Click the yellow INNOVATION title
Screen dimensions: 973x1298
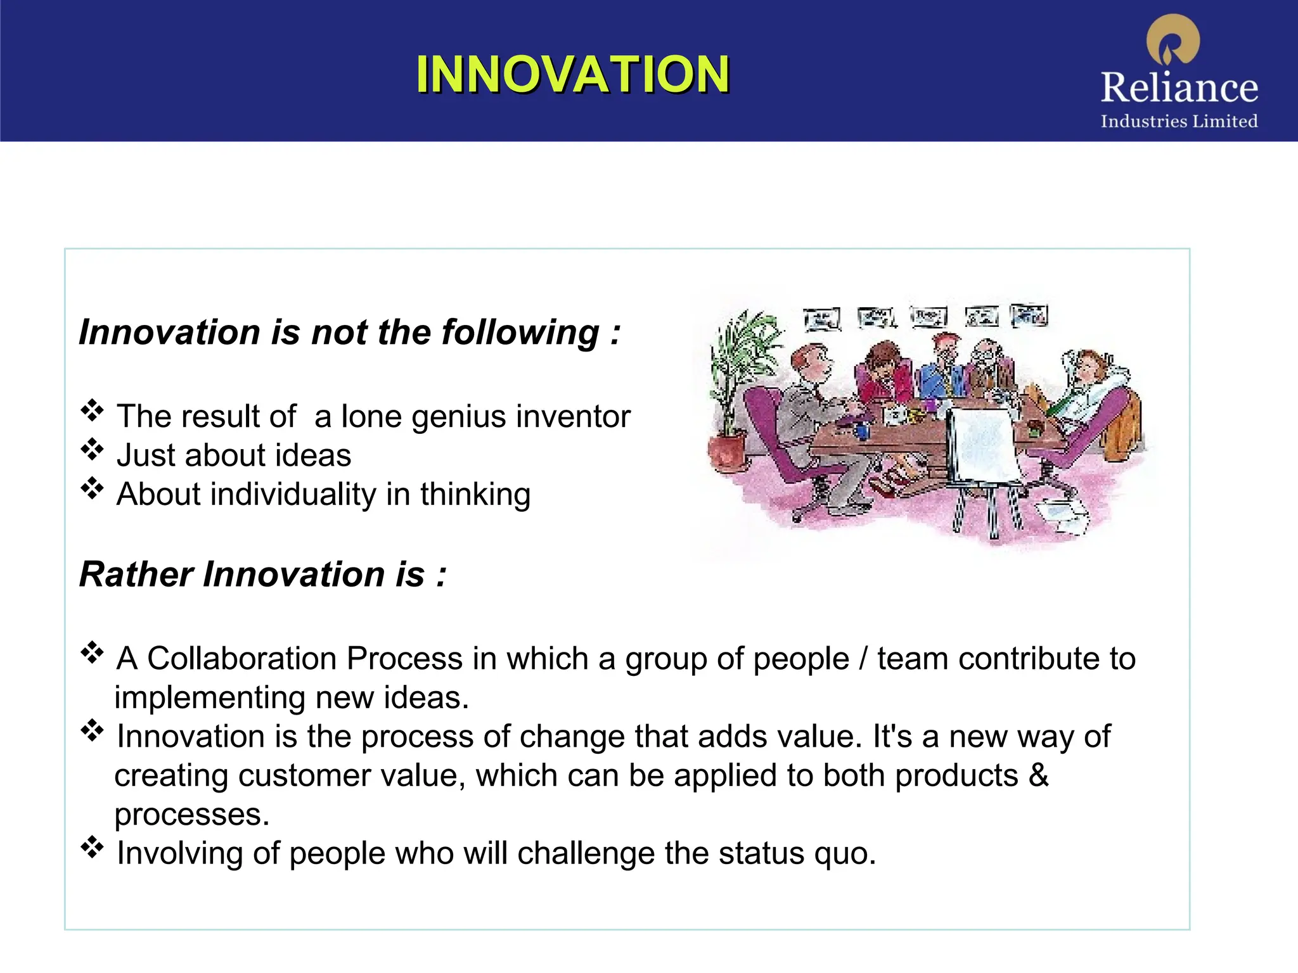pyautogui.click(x=572, y=75)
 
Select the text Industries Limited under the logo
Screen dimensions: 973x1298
pyautogui.click(x=1179, y=121)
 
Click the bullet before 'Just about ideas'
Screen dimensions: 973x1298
pyautogui.click(x=92, y=449)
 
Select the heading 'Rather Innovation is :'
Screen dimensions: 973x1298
pyautogui.click(x=263, y=575)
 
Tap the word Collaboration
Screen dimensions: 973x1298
pyautogui.click(x=242, y=658)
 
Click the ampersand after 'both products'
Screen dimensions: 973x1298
pyautogui.click(x=1039, y=775)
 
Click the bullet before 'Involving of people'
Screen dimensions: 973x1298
pyautogui.click(x=92, y=847)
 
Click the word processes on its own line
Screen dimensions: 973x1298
pyautogui.click(x=191, y=815)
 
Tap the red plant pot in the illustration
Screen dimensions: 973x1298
pyautogui.click(x=727, y=450)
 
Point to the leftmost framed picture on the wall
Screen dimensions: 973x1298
pyautogui.click(x=821, y=319)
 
